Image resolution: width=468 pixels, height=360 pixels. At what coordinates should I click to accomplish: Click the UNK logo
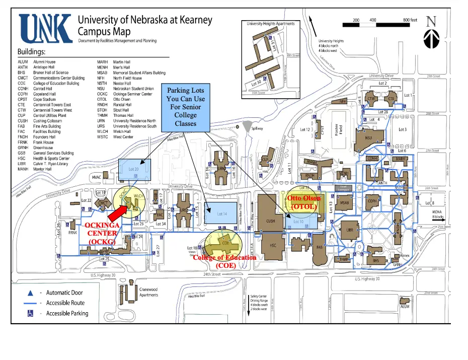[45, 29]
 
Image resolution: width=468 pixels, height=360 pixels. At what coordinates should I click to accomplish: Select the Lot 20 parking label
[133, 170]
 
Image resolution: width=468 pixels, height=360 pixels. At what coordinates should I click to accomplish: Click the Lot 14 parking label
[222, 214]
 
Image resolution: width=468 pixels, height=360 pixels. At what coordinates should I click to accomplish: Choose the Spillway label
[257, 128]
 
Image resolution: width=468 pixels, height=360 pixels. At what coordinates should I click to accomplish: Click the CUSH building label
[271, 221]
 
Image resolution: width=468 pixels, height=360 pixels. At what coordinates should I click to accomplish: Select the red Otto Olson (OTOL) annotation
[303, 202]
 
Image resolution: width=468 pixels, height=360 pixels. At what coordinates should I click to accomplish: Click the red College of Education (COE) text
[225, 261]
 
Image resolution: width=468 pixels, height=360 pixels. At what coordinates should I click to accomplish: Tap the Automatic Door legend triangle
[31, 293]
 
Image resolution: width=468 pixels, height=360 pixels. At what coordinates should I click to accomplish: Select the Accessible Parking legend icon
[31, 314]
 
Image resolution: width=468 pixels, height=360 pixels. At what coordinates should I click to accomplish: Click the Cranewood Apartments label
[149, 292]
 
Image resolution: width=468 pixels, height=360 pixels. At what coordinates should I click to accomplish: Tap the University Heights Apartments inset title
[271, 24]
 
